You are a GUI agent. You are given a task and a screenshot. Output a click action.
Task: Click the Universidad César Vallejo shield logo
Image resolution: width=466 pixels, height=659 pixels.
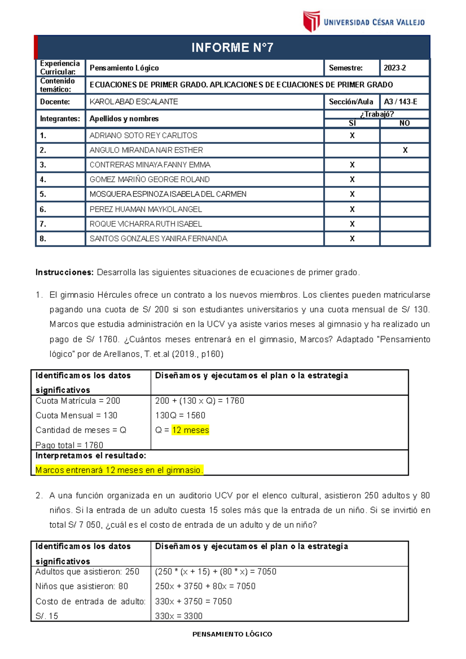click(x=311, y=21)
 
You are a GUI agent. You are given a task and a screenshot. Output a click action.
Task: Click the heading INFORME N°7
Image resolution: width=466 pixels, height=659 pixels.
click(x=232, y=48)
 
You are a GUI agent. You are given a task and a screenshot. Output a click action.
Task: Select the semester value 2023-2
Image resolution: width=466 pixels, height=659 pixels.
click(x=395, y=68)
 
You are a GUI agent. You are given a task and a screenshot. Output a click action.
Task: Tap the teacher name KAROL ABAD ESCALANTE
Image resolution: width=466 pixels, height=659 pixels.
click(x=134, y=102)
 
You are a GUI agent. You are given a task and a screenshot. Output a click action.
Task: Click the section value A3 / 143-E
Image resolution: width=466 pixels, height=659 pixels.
click(x=400, y=102)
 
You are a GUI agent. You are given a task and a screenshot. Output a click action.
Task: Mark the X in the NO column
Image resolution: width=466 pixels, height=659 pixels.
click(x=405, y=150)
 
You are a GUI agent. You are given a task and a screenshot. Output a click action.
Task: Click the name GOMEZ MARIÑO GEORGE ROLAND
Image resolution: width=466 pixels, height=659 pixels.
click(x=150, y=179)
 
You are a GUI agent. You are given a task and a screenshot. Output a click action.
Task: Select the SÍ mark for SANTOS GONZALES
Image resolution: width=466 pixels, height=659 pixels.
click(x=352, y=239)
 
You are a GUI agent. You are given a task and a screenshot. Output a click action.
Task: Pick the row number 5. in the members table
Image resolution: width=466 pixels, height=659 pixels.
click(x=43, y=194)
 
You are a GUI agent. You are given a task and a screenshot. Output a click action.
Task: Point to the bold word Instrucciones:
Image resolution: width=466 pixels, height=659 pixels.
click(x=64, y=272)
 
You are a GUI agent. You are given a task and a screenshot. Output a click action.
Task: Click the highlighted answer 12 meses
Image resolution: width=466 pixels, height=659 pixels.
click(x=190, y=430)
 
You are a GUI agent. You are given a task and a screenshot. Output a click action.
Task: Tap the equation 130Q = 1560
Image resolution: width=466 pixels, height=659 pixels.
click(x=180, y=415)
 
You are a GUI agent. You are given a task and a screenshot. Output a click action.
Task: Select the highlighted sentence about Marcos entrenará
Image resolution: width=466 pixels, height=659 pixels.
click(x=119, y=470)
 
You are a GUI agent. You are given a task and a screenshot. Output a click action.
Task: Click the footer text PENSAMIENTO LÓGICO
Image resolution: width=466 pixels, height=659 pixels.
click(x=232, y=634)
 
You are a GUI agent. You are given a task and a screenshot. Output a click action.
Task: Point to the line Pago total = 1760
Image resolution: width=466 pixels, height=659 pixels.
click(x=69, y=445)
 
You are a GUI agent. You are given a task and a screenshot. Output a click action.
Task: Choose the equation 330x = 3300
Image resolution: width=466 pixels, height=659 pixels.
click(x=179, y=616)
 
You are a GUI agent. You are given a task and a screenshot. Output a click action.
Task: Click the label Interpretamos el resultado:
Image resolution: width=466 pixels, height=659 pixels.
click(x=90, y=455)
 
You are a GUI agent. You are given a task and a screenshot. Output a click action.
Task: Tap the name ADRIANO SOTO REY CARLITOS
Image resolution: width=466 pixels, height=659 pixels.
click(x=143, y=135)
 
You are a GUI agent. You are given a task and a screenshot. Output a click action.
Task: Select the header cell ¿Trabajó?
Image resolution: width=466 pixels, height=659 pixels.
click(x=377, y=114)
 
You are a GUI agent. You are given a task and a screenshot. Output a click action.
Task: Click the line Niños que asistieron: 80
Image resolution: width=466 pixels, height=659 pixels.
click(x=82, y=586)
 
